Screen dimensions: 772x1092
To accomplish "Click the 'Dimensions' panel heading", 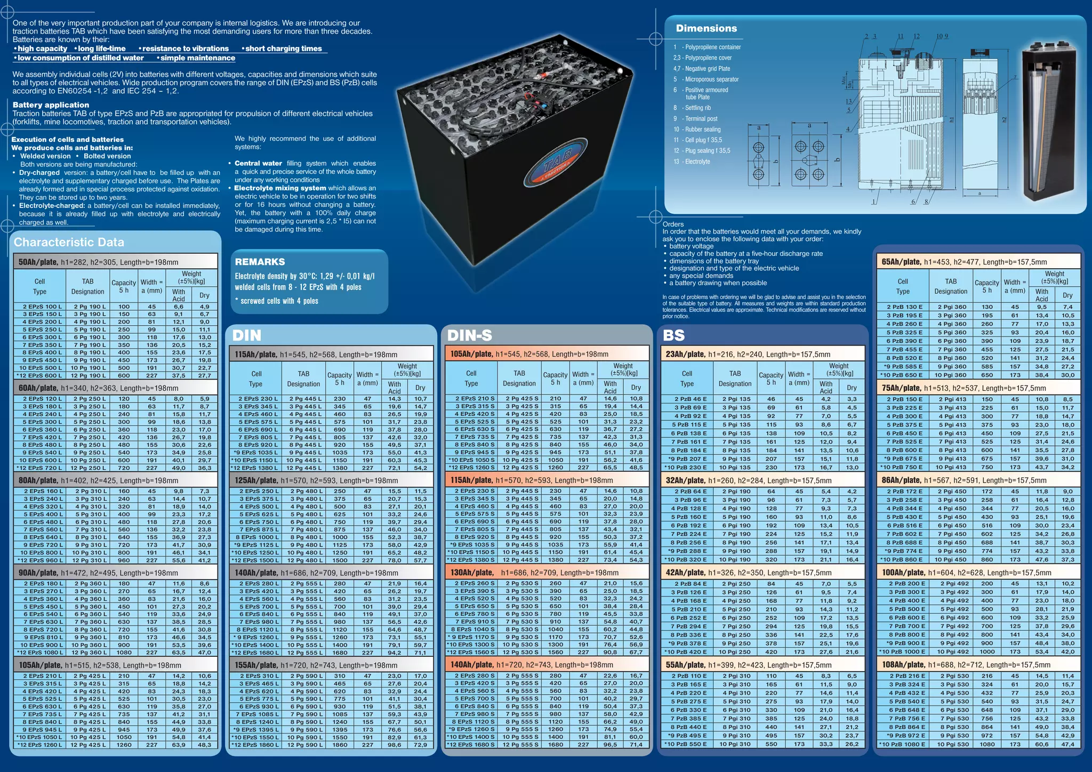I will pos(706,29).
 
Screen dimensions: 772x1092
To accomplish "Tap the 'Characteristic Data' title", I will pos(69,243).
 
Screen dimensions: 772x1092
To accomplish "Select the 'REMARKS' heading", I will pos(260,262).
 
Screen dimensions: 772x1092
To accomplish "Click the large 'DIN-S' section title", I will pos(469,335).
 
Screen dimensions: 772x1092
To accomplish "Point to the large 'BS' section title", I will pos(673,335).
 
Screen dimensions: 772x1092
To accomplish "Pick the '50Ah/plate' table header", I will pos(38,262).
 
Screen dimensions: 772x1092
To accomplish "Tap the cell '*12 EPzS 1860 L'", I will pos(255,745).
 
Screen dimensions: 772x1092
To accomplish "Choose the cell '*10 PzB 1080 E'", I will pos(903,744).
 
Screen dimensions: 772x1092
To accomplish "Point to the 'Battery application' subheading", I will pos(51,105).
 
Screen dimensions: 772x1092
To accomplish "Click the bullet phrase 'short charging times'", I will pos(284,49).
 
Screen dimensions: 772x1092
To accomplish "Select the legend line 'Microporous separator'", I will pos(711,79).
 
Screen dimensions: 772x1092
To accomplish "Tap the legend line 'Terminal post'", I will pos(701,119).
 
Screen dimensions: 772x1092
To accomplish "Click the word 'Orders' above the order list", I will pos(673,224).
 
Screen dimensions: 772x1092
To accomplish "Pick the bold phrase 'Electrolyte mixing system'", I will pos(280,188).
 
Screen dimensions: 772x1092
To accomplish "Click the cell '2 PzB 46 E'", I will pos(687,399).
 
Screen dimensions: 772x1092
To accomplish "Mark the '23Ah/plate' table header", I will pos(685,354).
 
